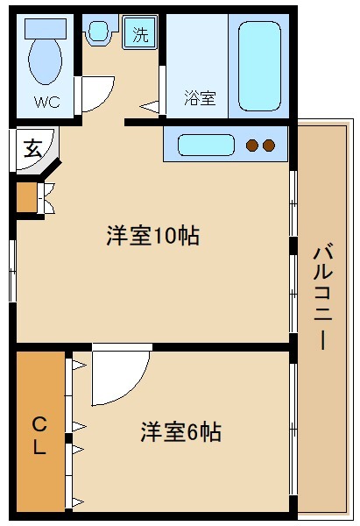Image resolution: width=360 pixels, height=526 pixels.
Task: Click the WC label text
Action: coord(47,102)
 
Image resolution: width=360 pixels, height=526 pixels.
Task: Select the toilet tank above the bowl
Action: coord(44,27)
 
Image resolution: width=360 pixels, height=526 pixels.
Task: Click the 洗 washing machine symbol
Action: coord(140,34)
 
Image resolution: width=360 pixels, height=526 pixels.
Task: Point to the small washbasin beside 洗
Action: coord(98,32)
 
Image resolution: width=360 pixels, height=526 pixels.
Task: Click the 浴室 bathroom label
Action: coord(200,97)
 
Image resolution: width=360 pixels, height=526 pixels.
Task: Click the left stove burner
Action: coord(253,145)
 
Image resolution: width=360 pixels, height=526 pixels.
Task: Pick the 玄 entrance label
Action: coord(32,148)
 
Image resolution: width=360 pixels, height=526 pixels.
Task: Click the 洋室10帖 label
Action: coord(152,235)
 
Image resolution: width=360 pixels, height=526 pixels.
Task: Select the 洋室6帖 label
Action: coord(180,431)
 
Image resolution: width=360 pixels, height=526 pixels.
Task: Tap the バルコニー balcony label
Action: coord(322,296)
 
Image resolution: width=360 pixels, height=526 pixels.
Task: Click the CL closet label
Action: coord(39,436)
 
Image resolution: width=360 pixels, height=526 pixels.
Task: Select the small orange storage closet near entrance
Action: coord(26,197)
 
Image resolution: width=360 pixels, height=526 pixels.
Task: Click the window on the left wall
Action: coord(12,267)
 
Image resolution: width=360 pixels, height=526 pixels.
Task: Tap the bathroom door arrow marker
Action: coord(151,107)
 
